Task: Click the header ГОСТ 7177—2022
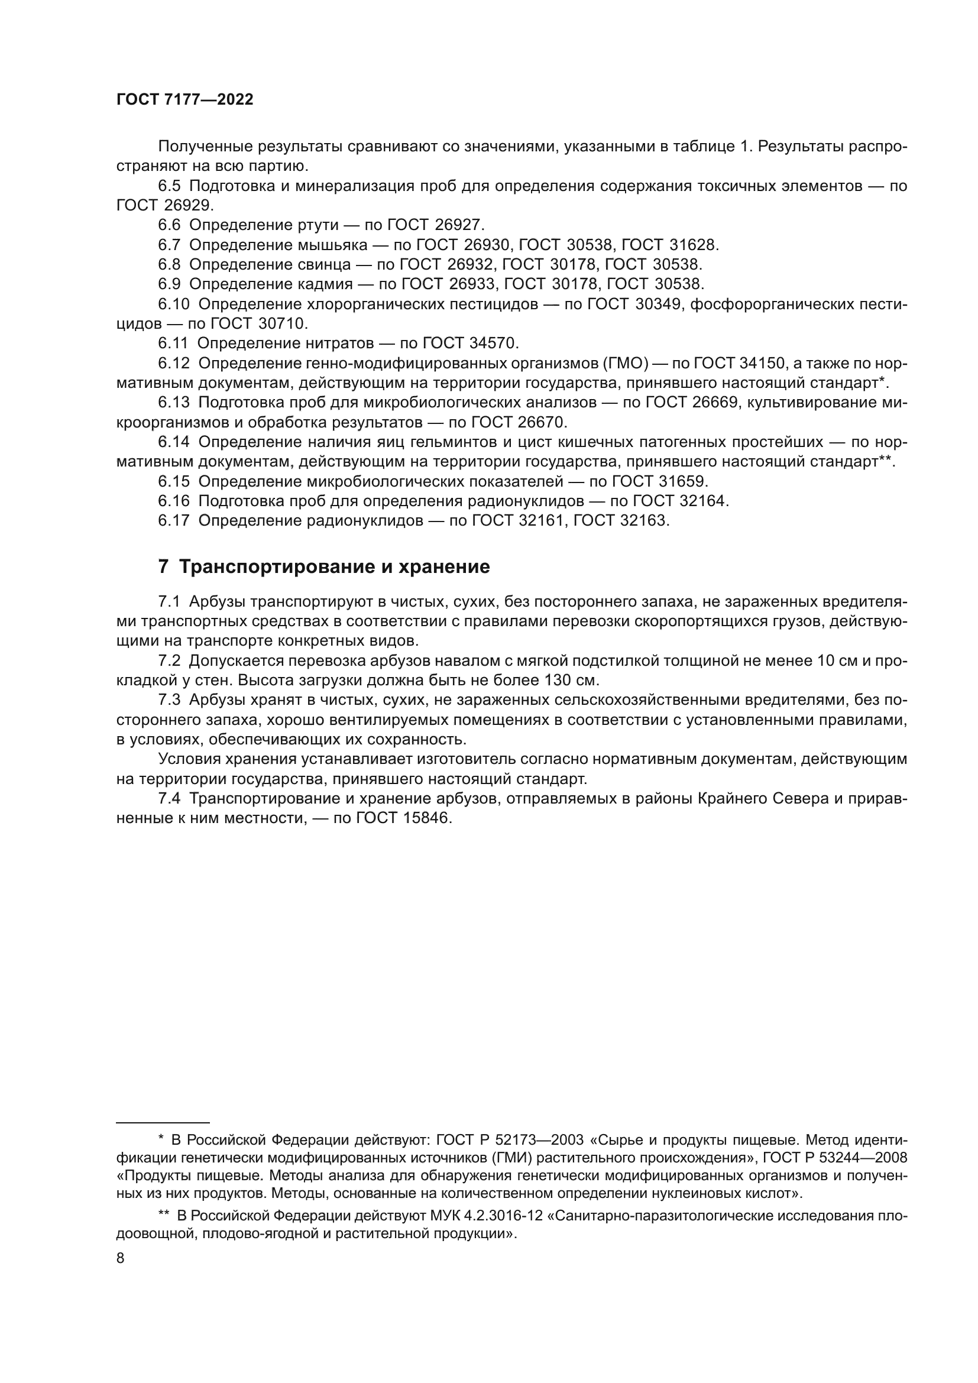(184, 100)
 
